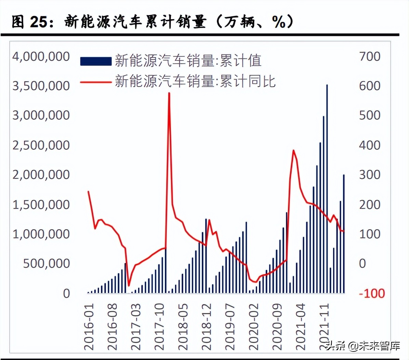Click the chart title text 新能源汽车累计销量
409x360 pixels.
[135, 22]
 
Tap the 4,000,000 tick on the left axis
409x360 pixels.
[41, 56]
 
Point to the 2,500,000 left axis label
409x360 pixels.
[41, 145]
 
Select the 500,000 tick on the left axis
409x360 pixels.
[47, 263]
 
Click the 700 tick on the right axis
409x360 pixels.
[370, 56]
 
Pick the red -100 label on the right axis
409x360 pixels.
[372, 293]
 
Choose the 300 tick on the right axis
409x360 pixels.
[370, 175]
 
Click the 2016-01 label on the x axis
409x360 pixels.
[89, 327]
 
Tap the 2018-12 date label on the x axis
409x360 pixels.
[206, 327]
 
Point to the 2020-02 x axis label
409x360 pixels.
[253, 327]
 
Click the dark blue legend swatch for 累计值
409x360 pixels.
[96, 61]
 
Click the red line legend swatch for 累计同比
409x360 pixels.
[96, 82]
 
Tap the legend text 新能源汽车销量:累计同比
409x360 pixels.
[195, 81]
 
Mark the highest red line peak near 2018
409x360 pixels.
[169, 93]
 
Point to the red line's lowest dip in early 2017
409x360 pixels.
[129, 285]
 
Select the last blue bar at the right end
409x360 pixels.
[344, 234]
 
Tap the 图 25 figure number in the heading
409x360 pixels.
[29, 22]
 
